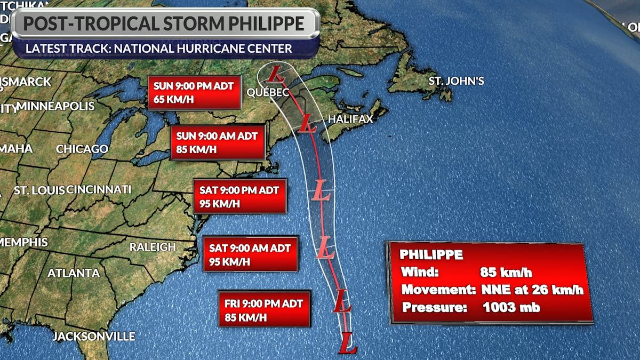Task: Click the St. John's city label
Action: pyautogui.click(x=457, y=81)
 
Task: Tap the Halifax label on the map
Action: pyautogui.click(x=350, y=119)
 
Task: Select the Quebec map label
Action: pyautogui.click(x=268, y=92)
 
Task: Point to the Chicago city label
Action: pyautogui.click(x=82, y=149)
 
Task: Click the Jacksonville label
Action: pyautogui.click(x=93, y=337)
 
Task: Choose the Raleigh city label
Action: pyautogui.click(x=153, y=247)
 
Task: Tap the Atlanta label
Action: pyautogui.click(x=74, y=273)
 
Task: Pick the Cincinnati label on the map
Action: pyautogui.click(x=99, y=189)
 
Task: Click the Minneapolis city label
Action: pyautogui.click(x=56, y=106)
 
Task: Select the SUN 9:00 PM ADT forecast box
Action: pyautogui.click(x=194, y=92)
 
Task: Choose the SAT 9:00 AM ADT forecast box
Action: pyautogui.click(x=250, y=254)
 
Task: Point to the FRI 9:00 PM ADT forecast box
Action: pyautogui.click(x=264, y=310)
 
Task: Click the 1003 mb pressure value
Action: pyautogui.click(x=511, y=308)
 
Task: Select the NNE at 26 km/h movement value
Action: pyautogui.click(x=532, y=290)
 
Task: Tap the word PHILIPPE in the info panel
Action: pyautogui.click(x=431, y=254)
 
